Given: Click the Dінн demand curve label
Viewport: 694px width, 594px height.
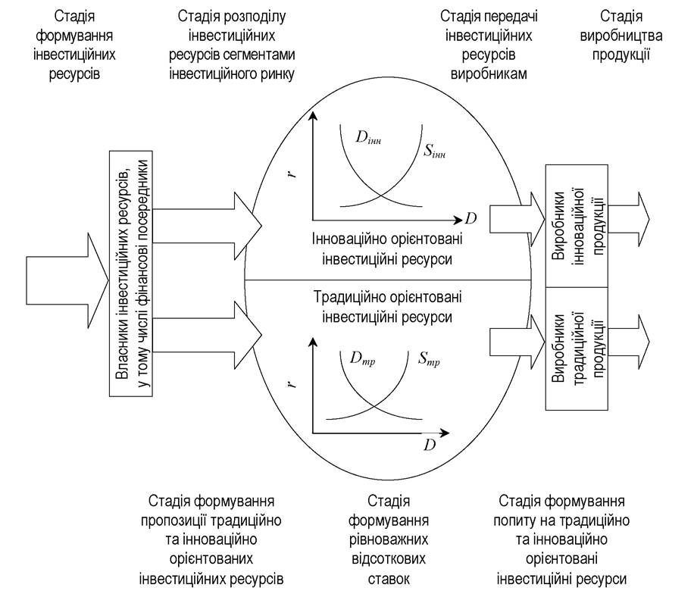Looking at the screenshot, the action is click(368, 137).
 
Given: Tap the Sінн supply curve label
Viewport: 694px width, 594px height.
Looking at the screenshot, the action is click(434, 152).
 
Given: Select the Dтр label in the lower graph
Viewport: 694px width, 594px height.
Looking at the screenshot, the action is click(362, 358).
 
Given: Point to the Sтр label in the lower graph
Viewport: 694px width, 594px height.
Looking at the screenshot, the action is click(429, 358).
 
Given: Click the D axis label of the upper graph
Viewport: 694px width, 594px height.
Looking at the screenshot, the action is click(471, 218).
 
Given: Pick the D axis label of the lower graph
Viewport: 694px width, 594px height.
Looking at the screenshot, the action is click(430, 445).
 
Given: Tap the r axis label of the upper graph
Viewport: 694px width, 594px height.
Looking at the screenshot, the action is click(292, 173).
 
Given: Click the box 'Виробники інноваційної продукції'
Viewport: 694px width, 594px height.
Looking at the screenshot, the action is click(577, 226).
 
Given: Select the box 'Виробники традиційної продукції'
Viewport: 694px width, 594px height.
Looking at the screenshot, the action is click(577, 349).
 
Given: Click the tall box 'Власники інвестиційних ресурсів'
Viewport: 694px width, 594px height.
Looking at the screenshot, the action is click(131, 274).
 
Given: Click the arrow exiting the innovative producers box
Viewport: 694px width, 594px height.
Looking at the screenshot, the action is click(629, 219).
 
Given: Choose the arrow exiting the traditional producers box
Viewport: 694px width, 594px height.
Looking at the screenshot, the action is click(629, 342).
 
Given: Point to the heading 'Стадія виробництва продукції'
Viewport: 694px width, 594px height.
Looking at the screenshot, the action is click(621, 36).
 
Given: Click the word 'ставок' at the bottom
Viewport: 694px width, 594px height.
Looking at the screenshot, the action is click(389, 579).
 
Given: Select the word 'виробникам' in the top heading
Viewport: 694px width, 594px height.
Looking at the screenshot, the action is click(489, 73).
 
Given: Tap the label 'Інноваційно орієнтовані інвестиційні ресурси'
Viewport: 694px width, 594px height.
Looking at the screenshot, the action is click(387, 249).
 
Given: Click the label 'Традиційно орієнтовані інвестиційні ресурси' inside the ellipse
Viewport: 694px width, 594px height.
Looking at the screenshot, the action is click(387, 307).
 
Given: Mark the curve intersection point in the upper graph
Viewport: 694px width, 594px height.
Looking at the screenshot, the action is click(381, 195).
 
